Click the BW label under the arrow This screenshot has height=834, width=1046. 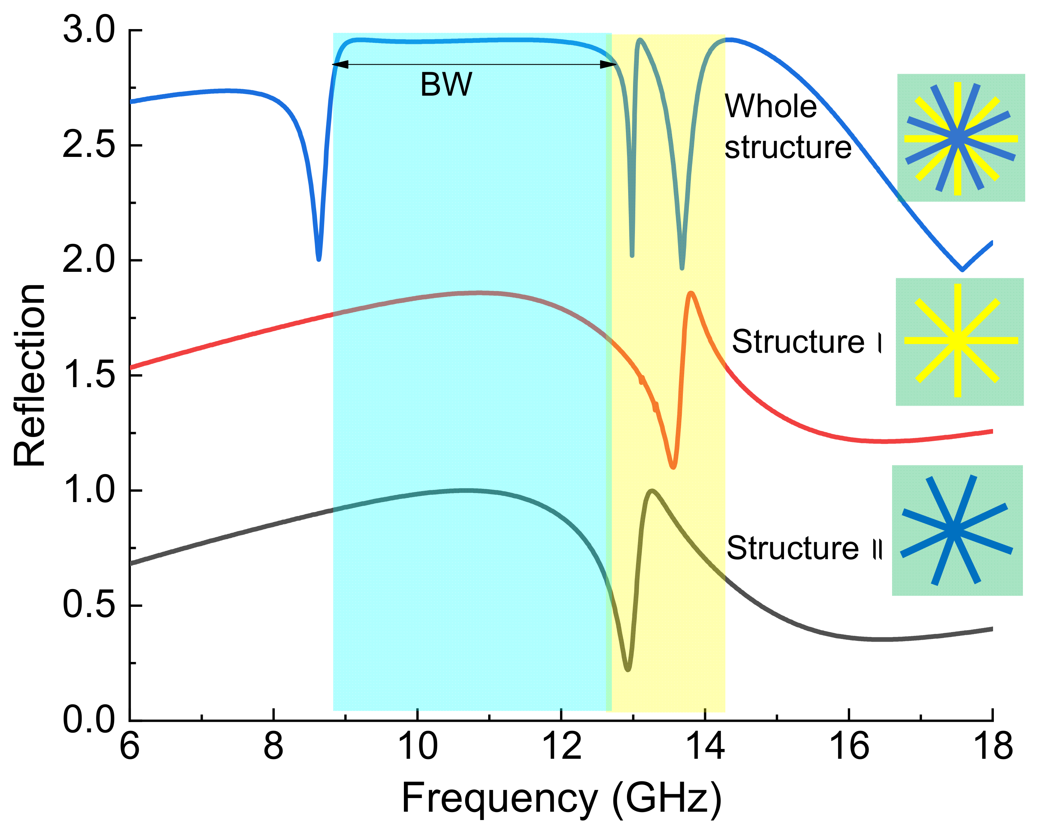click(x=446, y=85)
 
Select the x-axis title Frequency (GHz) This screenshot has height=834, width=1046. click(x=561, y=798)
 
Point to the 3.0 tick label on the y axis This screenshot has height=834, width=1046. click(x=89, y=30)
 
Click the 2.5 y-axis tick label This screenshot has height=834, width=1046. click(x=89, y=145)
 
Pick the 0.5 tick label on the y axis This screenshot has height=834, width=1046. click(x=89, y=606)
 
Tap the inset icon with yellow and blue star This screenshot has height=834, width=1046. click(x=961, y=138)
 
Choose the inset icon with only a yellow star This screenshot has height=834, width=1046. click(x=959, y=341)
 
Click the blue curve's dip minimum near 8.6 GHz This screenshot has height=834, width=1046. click(x=319, y=258)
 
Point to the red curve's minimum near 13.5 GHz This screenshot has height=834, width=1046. click(x=673, y=466)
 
